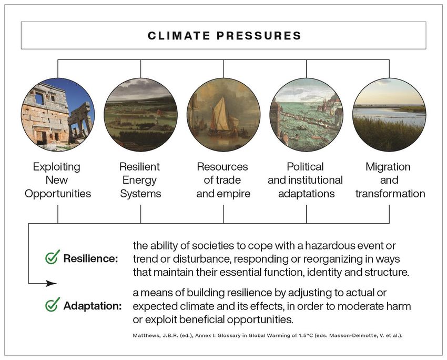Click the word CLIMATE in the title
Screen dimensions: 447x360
pyautogui.click(x=179, y=36)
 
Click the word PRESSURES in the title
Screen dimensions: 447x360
pyautogui.click(x=259, y=36)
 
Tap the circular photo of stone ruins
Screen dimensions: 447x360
pyautogui.click(x=58, y=115)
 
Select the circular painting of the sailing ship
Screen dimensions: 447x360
pyautogui.click(x=223, y=115)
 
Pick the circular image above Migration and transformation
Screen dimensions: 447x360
pyautogui.click(x=389, y=115)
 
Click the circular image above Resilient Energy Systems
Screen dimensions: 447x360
pyautogui.click(x=140, y=115)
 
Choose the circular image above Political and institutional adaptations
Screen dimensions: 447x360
pyautogui.click(x=307, y=115)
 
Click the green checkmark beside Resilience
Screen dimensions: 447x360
pyautogui.click(x=53, y=257)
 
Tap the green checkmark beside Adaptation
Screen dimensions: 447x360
pyautogui.click(x=53, y=304)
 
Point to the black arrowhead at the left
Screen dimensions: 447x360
pyautogui.click(x=52, y=283)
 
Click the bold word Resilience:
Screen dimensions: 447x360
pyautogui.click(x=90, y=258)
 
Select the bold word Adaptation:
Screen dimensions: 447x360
pyautogui.click(x=93, y=306)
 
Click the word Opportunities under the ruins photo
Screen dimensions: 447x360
pyautogui.click(x=58, y=194)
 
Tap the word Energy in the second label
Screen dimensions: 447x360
pyautogui.click(x=140, y=181)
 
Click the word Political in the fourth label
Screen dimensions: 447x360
pyautogui.click(x=306, y=167)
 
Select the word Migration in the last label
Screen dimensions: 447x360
pyautogui.click(x=388, y=167)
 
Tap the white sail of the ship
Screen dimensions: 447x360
pyautogui.click(x=221, y=114)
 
